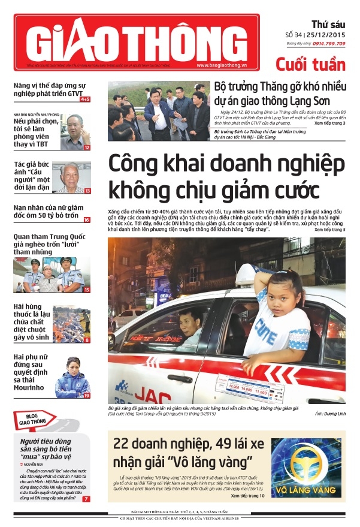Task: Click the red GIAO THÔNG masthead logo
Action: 137,42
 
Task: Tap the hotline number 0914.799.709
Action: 328,44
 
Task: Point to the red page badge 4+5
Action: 85,99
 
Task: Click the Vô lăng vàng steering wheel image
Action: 307,468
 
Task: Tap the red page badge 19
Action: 87,396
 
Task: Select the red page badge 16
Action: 87,221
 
